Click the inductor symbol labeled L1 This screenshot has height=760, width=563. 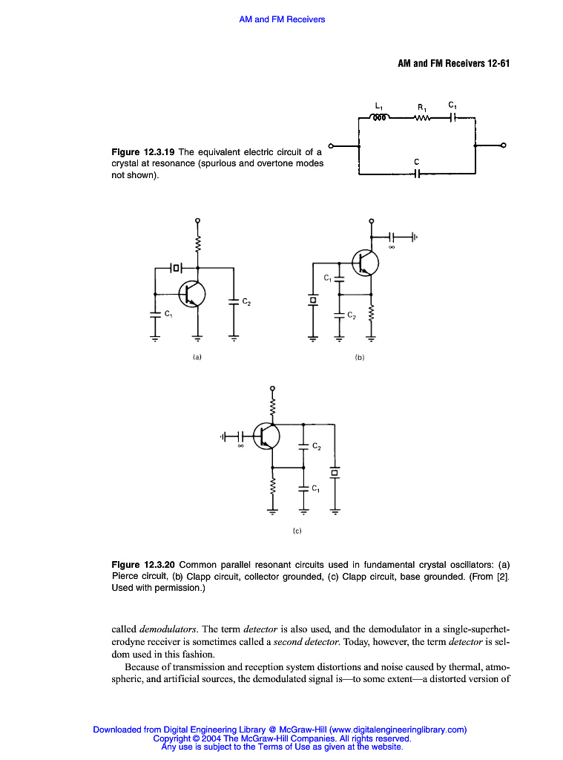pos(380,117)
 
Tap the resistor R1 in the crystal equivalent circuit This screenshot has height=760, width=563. pos(422,117)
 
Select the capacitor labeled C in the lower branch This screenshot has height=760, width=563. pos(417,174)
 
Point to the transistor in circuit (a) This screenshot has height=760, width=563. pos(191,292)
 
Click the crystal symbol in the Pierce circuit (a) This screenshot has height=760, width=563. pos(176,266)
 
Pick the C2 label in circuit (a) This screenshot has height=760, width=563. pos(246,301)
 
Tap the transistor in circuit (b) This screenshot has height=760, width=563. pos(366,262)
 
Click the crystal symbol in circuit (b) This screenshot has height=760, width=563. pos(313,301)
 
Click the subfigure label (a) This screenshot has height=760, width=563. pos(197,357)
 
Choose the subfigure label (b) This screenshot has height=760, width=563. pos(360,357)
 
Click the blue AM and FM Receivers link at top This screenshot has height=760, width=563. pos(282,19)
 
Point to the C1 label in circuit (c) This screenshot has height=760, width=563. pos(316,488)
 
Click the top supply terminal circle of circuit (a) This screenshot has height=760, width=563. pos(197,220)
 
